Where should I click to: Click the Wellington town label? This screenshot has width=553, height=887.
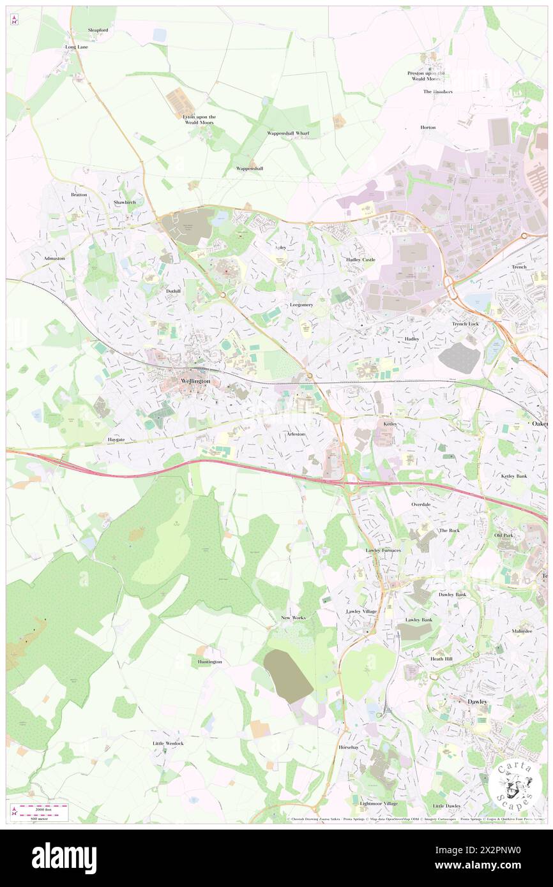pos(195,381)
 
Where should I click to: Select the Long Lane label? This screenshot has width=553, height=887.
pos(76,47)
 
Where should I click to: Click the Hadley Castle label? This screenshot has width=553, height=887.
pos(361,260)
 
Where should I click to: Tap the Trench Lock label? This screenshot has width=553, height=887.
pos(465,324)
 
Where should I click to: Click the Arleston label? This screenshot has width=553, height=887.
pos(296,434)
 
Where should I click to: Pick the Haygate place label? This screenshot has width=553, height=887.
pos(116,440)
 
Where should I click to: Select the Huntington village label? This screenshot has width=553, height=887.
pos(209,662)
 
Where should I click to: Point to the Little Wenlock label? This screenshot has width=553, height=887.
pos(168,743)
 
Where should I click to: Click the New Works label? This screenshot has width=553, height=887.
pos(293,618)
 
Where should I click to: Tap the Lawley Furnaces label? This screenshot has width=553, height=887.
pos(383,550)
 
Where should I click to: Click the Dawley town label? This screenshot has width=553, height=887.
pos(477,701)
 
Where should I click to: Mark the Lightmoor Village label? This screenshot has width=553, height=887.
pos(379,803)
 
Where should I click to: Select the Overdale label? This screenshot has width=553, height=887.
pos(420,504)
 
